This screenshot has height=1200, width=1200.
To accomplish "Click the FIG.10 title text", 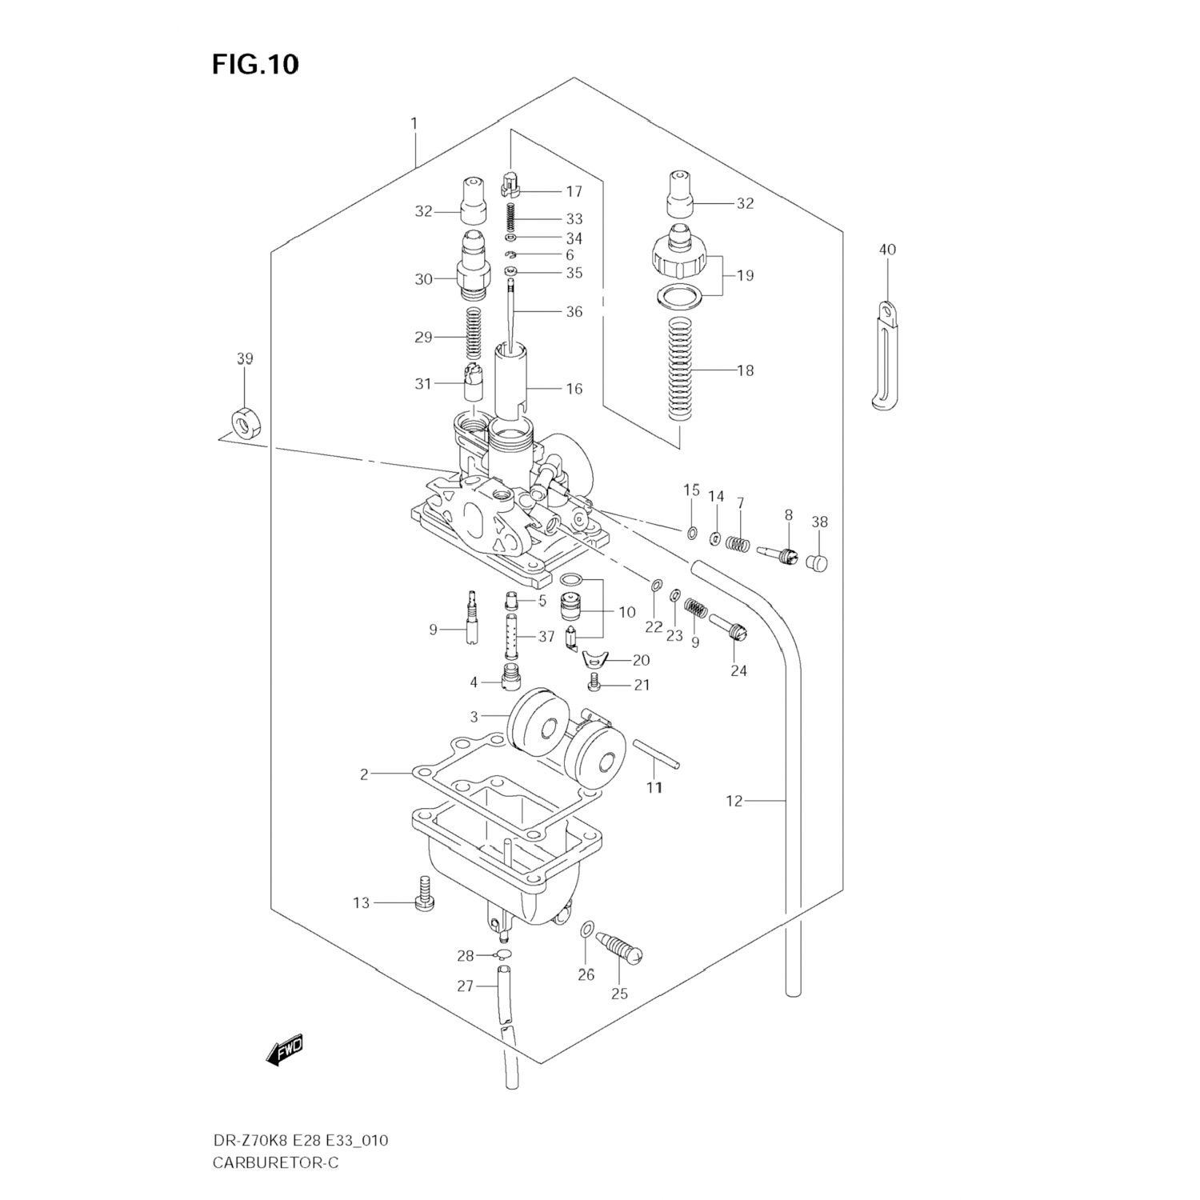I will (x=255, y=64).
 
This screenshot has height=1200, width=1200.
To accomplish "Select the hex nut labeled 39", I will (x=245, y=422).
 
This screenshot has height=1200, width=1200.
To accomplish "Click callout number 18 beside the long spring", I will (x=745, y=370).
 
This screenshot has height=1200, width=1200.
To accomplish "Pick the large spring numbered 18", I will (x=679, y=369).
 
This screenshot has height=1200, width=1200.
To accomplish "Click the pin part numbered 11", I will (x=657, y=754).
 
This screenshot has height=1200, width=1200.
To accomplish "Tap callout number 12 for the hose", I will (x=734, y=801).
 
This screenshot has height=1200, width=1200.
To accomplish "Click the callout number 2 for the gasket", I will (x=364, y=774).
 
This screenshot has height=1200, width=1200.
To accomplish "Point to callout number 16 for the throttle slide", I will (x=574, y=389).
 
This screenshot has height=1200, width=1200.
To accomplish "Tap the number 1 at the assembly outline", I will (x=414, y=124).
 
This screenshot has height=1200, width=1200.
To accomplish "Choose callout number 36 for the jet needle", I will (x=574, y=312).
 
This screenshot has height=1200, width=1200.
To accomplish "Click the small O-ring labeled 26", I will (x=586, y=929).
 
